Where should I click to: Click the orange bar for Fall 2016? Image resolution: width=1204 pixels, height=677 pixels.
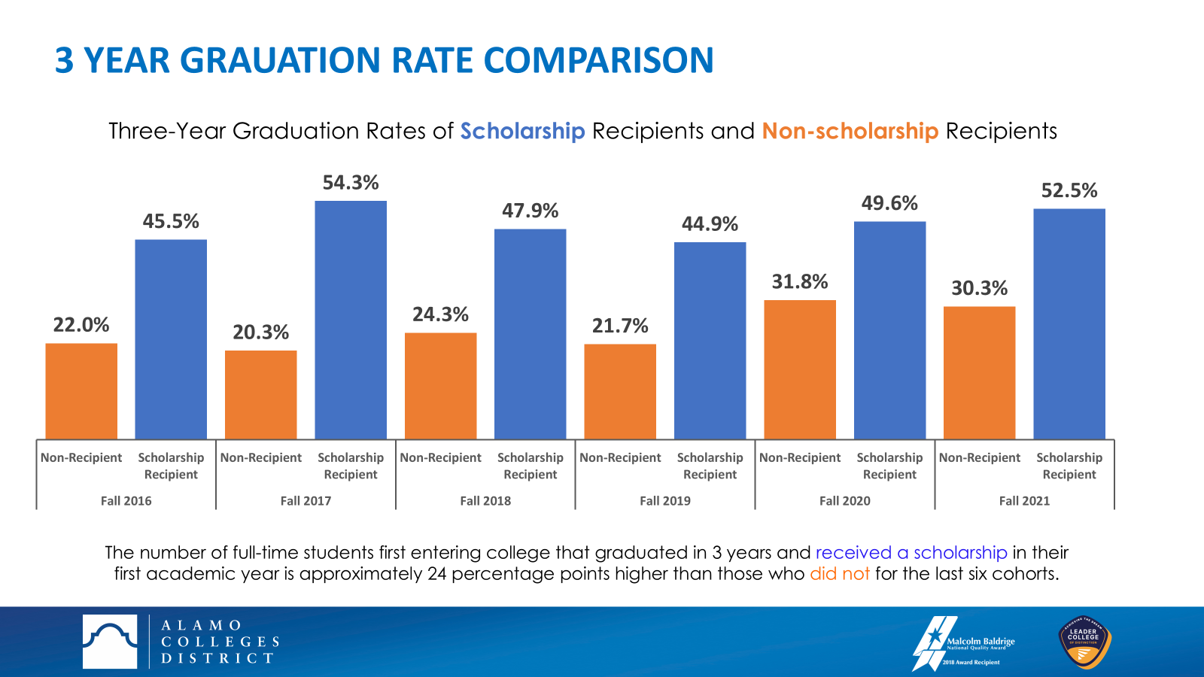pyautogui.click(x=81, y=391)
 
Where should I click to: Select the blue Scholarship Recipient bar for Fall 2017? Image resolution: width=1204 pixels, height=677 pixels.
pyautogui.click(x=351, y=320)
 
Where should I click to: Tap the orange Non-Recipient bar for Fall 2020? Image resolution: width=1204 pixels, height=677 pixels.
pyautogui.click(x=800, y=369)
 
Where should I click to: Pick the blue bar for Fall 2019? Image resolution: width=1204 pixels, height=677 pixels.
pyautogui.click(x=710, y=340)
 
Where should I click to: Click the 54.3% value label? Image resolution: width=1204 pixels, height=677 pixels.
pyautogui.click(x=351, y=183)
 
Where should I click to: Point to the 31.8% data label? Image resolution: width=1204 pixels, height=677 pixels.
pyautogui.click(x=800, y=282)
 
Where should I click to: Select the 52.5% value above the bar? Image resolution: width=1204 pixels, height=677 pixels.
pyautogui.click(x=1069, y=191)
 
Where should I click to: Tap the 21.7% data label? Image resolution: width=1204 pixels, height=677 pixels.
pyautogui.click(x=620, y=326)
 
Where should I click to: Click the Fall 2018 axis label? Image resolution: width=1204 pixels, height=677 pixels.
pyautogui.click(x=485, y=501)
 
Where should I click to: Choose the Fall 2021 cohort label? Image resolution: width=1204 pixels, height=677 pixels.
pyautogui.click(x=1024, y=501)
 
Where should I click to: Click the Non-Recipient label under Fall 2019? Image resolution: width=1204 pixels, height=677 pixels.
pyautogui.click(x=620, y=457)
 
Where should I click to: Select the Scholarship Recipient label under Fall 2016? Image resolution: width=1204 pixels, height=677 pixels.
pyautogui.click(x=171, y=466)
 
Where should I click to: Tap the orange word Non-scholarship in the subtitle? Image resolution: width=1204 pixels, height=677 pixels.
pyautogui.click(x=850, y=132)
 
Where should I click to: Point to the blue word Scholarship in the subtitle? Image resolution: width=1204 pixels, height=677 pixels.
pyautogui.click(x=522, y=132)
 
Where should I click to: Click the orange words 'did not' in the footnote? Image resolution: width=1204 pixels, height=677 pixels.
pyautogui.click(x=839, y=574)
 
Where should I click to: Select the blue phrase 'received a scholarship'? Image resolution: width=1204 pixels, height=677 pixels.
pyautogui.click(x=911, y=553)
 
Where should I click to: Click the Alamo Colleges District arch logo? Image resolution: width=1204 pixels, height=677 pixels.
pyautogui.click(x=110, y=642)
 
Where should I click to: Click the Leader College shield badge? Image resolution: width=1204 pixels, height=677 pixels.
pyautogui.click(x=1084, y=642)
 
